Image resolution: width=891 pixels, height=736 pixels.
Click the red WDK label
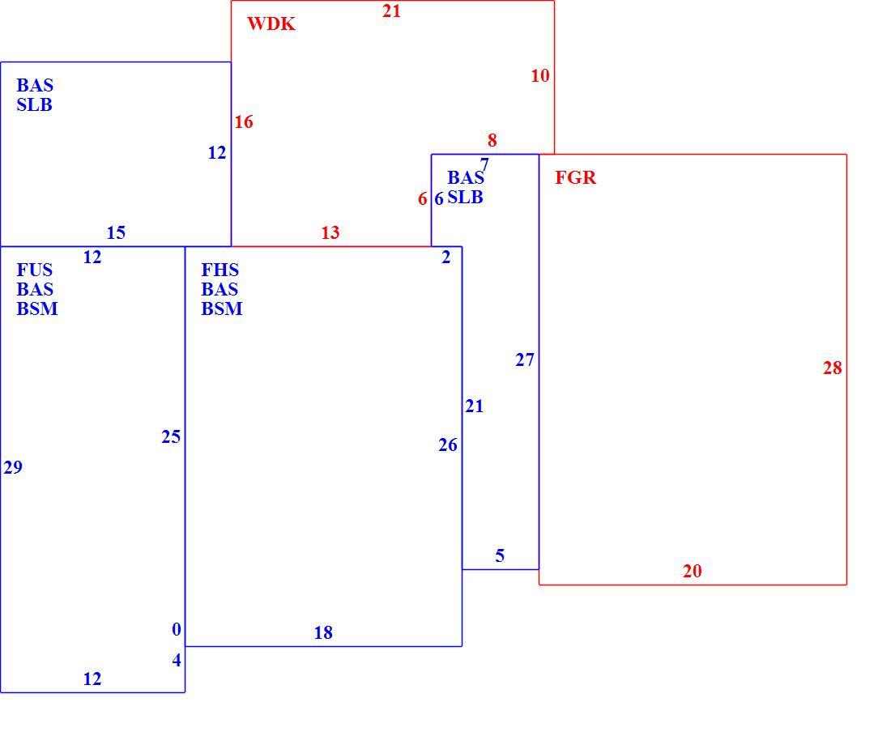[x=271, y=23]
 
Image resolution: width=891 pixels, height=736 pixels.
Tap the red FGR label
[x=576, y=178]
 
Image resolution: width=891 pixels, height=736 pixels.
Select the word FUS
[x=35, y=270]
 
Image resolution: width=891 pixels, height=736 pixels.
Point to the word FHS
[x=220, y=270]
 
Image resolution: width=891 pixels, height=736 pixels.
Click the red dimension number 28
[x=833, y=368]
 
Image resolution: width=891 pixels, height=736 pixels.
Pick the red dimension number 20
[x=692, y=571]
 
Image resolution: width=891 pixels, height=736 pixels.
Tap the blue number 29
[x=13, y=467]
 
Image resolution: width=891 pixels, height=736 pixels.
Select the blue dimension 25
[x=171, y=436]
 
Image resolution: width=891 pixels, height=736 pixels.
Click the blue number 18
[x=323, y=632]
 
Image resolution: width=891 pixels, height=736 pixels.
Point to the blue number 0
[x=177, y=629]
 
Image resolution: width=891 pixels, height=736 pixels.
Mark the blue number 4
[x=177, y=660]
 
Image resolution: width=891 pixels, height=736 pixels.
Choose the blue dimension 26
[x=448, y=445]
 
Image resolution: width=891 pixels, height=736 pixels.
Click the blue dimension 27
[x=525, y=360]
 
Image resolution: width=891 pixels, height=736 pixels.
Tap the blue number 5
[x=500, y=555]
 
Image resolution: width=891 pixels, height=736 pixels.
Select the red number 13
[x=330, y=233]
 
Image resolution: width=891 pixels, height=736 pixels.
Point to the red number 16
[x=244, y=121]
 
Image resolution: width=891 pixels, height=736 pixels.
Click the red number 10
[x=540, y=75]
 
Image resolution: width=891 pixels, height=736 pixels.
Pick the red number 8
[x=492, y=140]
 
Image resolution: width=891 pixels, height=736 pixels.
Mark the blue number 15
[x=116, y=233]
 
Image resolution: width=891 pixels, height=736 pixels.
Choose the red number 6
[x=422, y=198]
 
